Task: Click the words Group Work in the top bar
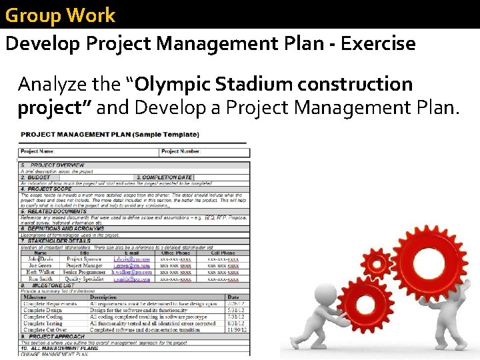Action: pos(60,15)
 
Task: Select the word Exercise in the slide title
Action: pos(378,44)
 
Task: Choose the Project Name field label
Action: pos(38,152)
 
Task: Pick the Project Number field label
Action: pos(179,152)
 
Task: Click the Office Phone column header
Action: pos(175,253)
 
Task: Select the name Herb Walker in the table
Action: pos(41,272)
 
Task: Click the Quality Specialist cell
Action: pos(84,279)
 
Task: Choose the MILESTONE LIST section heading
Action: pos(53,285)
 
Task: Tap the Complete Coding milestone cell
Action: pos(44,317)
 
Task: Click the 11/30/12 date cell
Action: pos(237,330)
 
